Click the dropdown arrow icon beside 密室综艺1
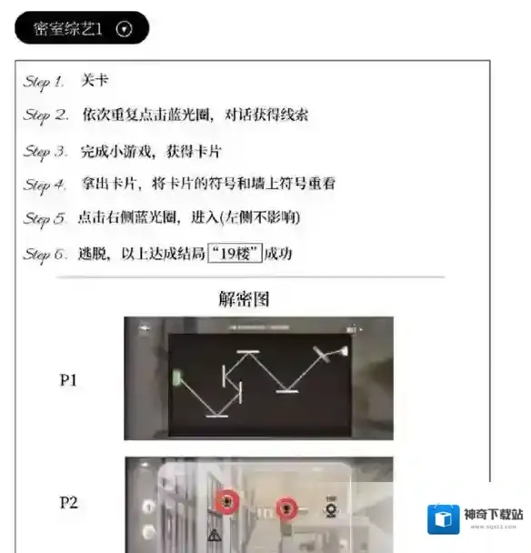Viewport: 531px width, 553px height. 125,29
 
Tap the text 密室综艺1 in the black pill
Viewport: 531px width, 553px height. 68,29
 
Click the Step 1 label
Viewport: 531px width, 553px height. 44,82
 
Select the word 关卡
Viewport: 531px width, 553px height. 95,81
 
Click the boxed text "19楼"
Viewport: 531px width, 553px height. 235,254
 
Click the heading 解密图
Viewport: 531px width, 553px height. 244,299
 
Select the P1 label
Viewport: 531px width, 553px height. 68,380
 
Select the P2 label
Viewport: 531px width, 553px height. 68,502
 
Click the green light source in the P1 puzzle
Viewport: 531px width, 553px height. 177,377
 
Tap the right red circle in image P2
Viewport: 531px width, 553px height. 286,508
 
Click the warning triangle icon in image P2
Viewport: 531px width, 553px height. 215,535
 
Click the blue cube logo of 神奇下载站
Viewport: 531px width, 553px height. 445,518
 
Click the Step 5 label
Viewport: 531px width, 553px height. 45,219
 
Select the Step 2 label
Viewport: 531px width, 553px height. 45,116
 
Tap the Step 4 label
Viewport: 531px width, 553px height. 45,185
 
